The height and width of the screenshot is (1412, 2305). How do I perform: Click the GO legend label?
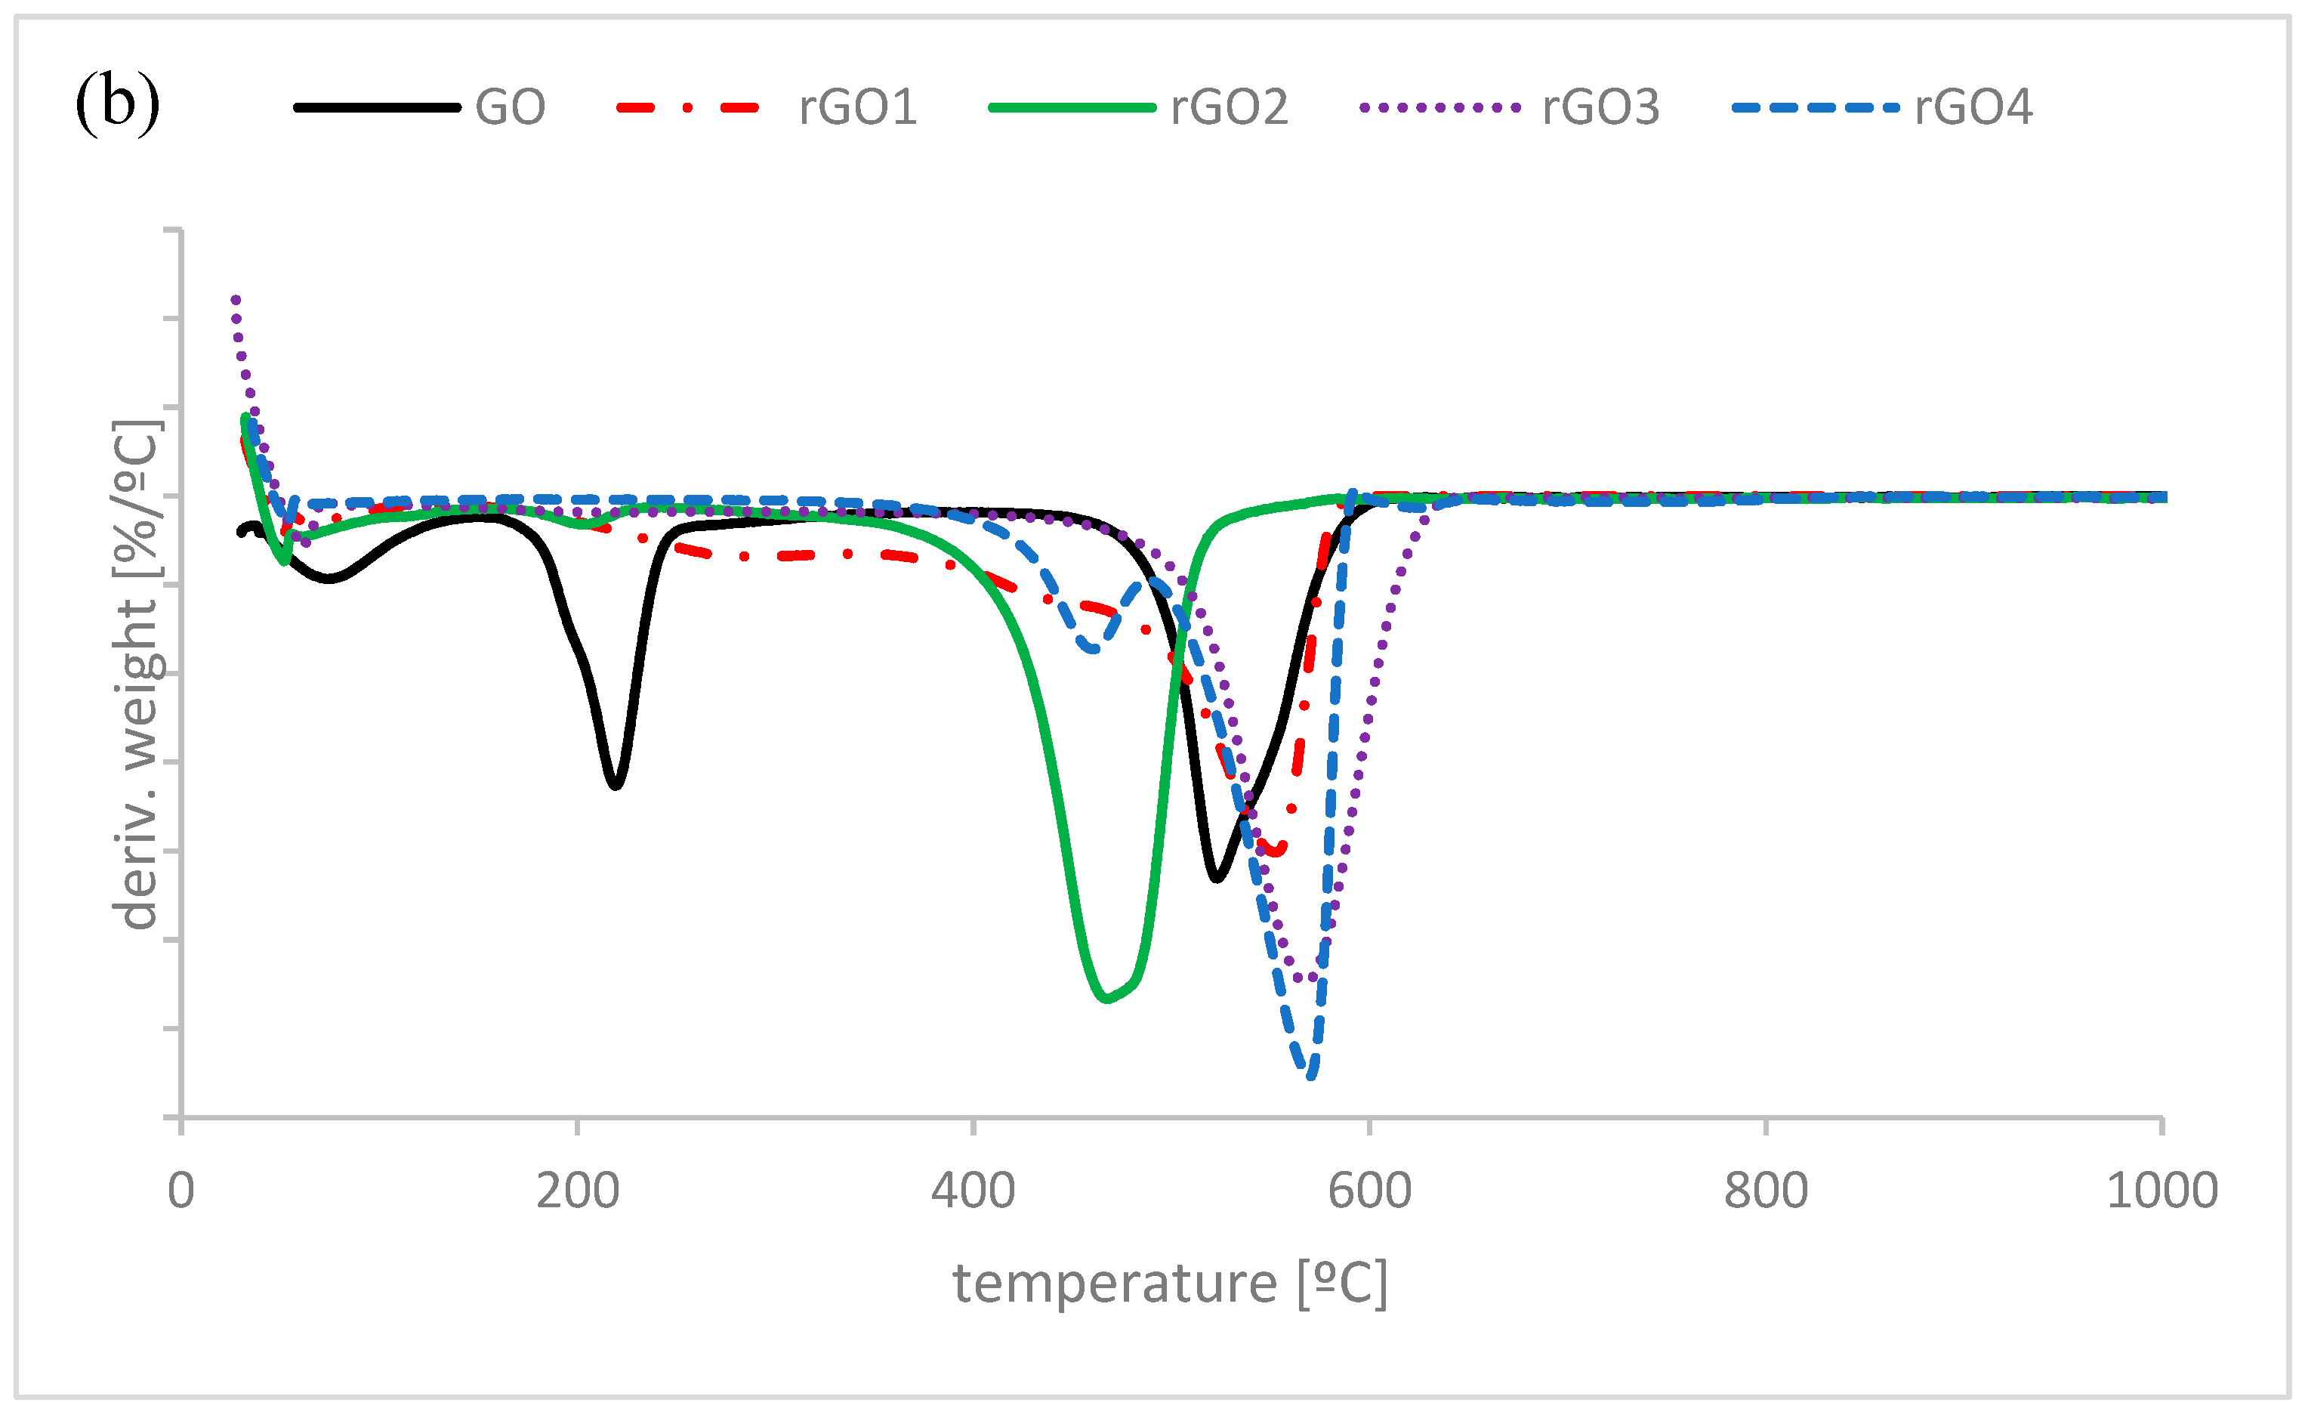point(510,107)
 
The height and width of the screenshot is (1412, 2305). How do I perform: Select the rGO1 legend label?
point(857,107)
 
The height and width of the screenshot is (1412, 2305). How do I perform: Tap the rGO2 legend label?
point(1228,107)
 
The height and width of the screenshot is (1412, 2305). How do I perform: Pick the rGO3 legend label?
point(1600,107)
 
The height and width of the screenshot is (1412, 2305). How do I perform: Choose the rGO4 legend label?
point(1973,107)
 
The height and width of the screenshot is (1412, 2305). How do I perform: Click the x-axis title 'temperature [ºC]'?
point(1169,1283)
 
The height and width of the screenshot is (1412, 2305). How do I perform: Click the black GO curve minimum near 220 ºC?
point(615,785)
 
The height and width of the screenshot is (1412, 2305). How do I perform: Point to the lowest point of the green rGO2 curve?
point(1106,1000)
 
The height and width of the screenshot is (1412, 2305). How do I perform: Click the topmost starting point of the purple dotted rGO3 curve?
point(236,299)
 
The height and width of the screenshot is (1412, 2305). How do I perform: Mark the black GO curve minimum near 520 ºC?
point(1216,879)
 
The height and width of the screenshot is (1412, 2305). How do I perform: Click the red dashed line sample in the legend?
point(687,107)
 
